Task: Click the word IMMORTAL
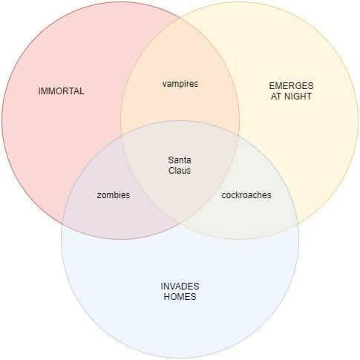pyautogui.click(x=61, y=91)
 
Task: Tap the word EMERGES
pyautogui.click(x=291, y=86)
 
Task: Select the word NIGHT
pyautogui.click(x=298, y=96)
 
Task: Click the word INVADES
pyautogui.click(x=180, y=287)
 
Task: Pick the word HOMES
pyautogui.click(x=180, y=296)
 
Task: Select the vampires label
pyautogui.click(x=180, y=84)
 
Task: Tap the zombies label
pyautogui.click(x=114, y=195)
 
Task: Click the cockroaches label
pyautogui.click(x=246, y=195)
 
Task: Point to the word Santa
pyautogui.click(x=180, y=160)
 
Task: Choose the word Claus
pyautogui.click(x=180, y=171)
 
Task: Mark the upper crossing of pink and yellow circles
pyautogui.click(x=180, y=18)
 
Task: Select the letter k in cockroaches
pyautogui.click(x=237, y=195)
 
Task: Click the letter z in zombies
pyautogui.click(x=99, y=195)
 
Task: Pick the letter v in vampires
pyautogui.click(x=165, y=85)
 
